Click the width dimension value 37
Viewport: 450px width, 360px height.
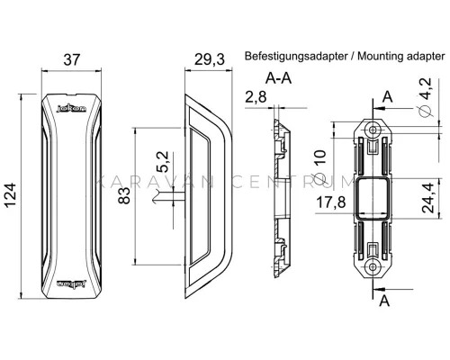click(72, 59)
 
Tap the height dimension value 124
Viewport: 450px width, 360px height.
click(10, 195)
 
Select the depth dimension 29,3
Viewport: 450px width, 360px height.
click(210, 59)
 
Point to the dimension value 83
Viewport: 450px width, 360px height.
click(124, 195)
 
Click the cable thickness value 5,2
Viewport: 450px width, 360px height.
click(165, 162)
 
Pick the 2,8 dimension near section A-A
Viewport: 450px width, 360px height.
click(256, 97)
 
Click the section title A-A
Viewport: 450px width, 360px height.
click(278, 78)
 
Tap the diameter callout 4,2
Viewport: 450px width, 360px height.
click(426, 97)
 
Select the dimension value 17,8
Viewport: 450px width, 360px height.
click(331, 202)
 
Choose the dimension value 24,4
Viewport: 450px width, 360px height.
click(427, 198)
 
